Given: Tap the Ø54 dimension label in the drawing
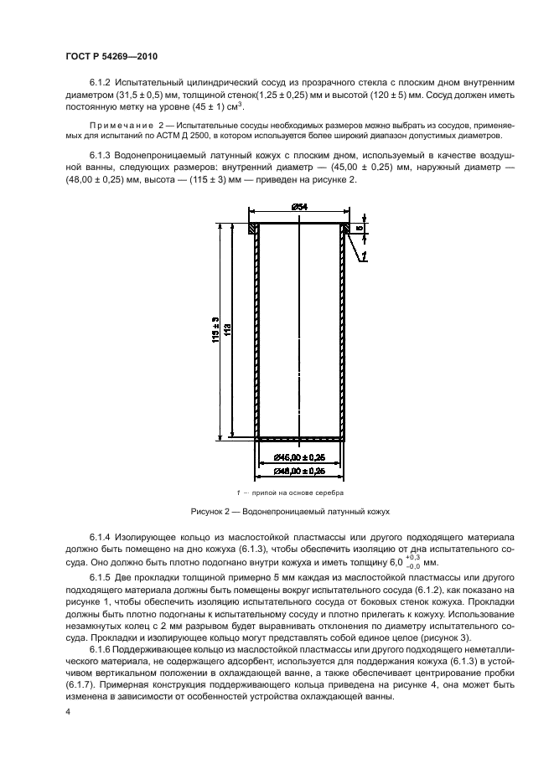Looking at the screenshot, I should (x=300, y=207).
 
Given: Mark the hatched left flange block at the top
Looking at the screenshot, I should (x=253, y=227).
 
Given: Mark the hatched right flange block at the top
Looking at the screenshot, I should (x=345, y=227).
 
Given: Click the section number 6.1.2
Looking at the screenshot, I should (x=100, y=83).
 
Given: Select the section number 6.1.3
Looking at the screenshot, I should (x=100, y=156).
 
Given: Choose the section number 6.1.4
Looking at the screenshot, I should (x=100, y=535).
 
